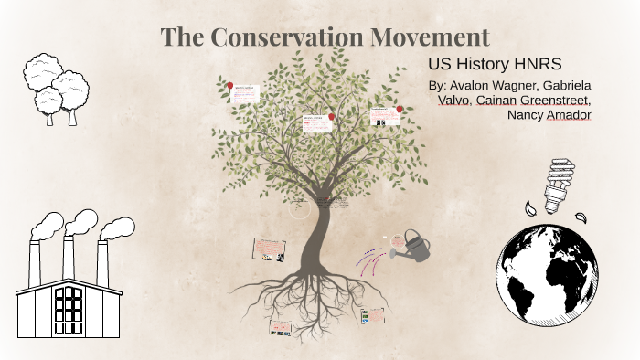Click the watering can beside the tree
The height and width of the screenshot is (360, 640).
point(413,244)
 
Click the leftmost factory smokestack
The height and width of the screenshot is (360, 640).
point(35,261)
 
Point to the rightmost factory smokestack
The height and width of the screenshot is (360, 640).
point(102,261)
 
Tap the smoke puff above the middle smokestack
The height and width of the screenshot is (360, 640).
point(80,222)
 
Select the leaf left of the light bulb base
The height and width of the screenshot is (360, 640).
point(529,209)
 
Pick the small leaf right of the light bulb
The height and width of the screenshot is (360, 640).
point(581,217)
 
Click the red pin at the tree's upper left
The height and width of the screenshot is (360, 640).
point(229,84)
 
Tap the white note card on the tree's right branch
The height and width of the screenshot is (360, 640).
point(384,116)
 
